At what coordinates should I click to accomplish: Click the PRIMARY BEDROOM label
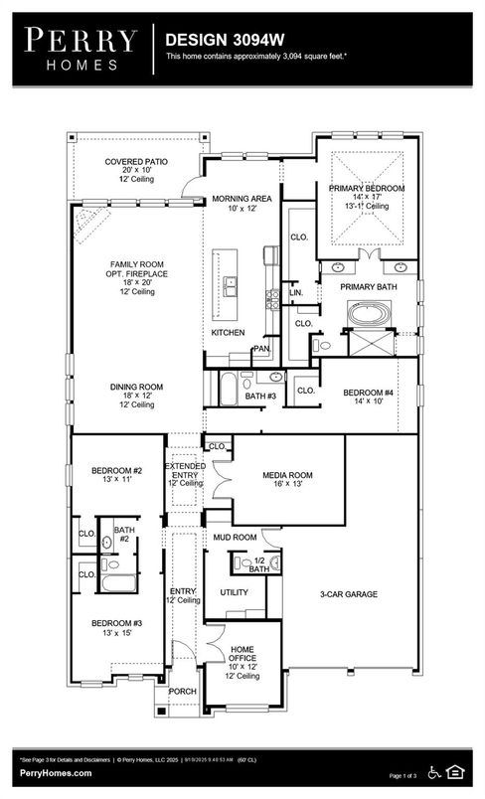[367, 188]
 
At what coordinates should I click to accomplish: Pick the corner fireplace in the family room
[90, 218]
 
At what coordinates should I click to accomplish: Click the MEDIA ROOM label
[287, 475]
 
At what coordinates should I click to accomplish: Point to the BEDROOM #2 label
[117, 469]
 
